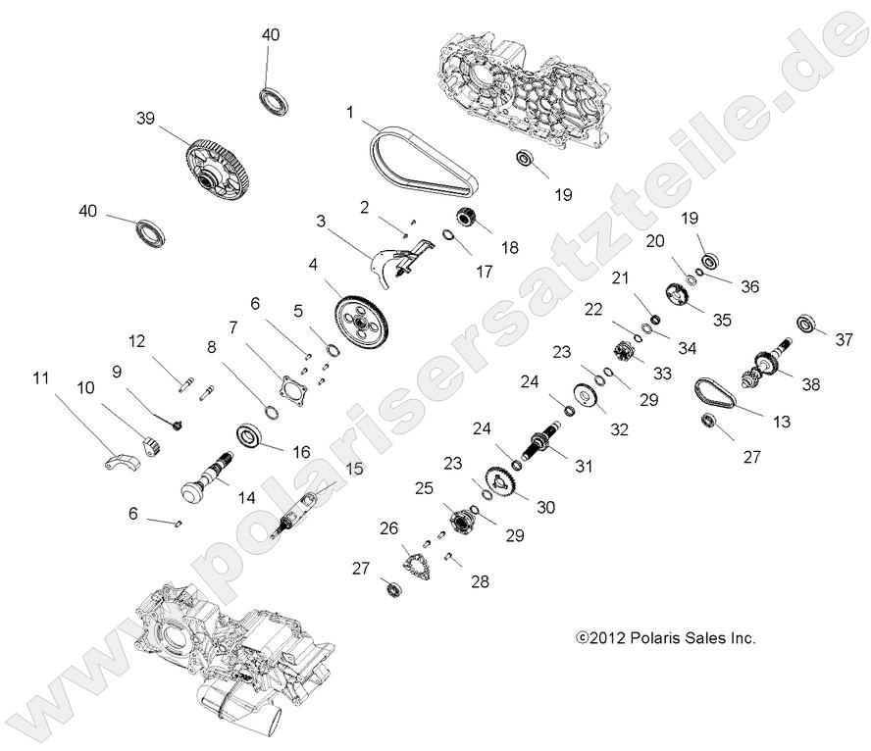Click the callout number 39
coord(145,118)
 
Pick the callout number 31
coord(584,467)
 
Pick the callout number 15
coord(353,469)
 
